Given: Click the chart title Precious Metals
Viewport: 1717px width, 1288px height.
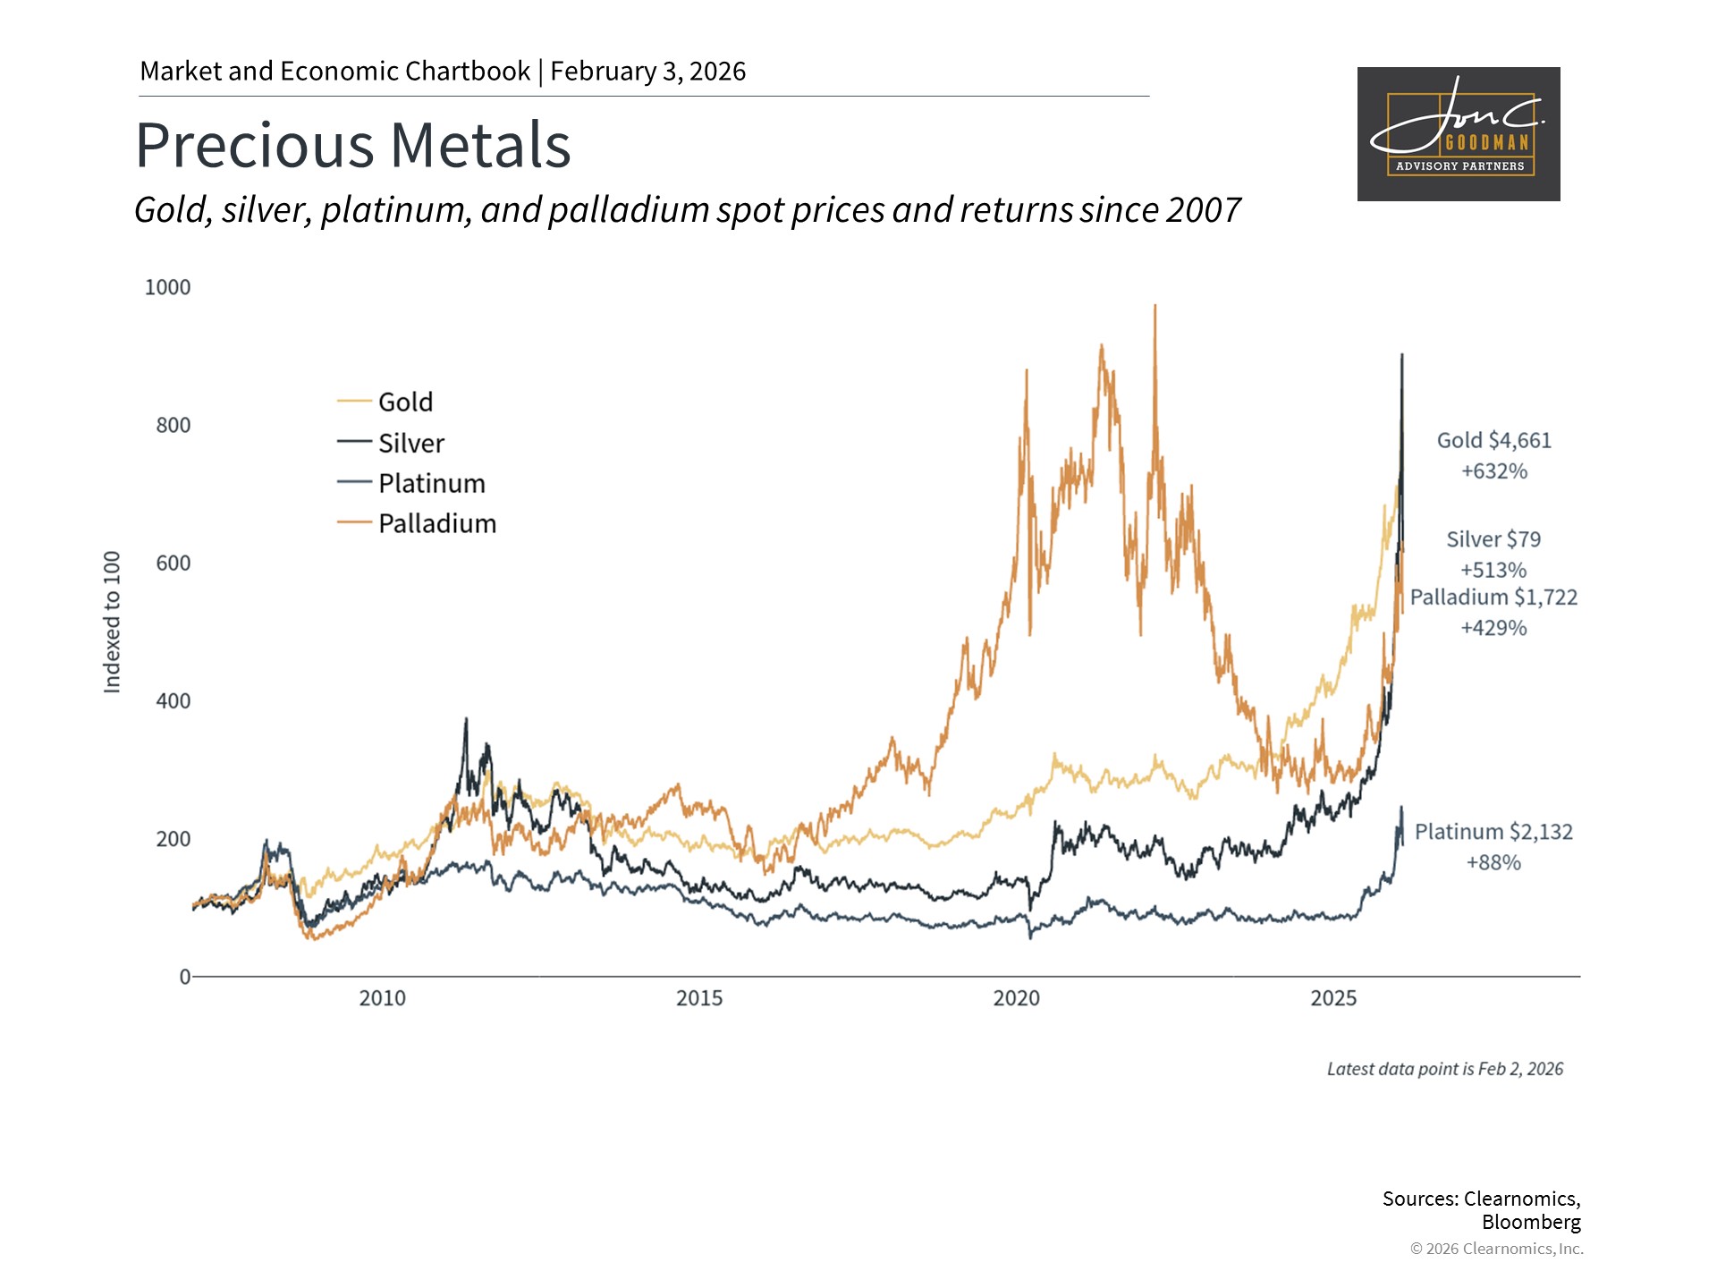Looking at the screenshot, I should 353,146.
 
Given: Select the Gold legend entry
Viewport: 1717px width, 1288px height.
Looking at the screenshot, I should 405,402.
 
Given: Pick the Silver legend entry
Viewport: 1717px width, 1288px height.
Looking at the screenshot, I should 410,443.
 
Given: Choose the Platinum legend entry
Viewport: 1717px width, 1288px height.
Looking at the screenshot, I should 431,483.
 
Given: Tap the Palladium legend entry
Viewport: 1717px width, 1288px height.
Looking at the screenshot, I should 436,523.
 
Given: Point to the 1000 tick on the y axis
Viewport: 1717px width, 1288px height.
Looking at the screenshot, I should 167,287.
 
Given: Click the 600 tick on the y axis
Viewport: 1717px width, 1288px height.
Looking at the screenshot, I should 173,563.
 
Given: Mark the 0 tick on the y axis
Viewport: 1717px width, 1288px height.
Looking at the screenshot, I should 185,977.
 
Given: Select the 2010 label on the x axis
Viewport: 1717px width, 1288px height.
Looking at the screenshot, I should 382,998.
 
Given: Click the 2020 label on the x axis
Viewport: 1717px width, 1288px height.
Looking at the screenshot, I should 1016,998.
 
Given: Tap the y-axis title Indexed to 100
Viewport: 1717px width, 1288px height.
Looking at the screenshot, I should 112,622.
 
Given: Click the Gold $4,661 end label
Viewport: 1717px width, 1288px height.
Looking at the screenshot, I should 1493,440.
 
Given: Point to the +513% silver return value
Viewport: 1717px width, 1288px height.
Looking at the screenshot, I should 1493,570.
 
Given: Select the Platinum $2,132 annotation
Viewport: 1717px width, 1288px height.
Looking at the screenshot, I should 1493,832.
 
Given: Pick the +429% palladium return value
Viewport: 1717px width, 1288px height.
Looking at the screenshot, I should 1493,628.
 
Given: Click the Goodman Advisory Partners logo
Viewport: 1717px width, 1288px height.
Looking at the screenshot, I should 1459,134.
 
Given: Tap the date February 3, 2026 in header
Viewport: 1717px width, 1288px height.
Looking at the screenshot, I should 647,72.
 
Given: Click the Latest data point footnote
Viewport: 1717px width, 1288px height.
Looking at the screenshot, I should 1444,1069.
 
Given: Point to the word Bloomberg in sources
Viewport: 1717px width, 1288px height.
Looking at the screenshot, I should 1531,1222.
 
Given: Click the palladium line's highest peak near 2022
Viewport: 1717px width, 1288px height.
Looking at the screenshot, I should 1155,307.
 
